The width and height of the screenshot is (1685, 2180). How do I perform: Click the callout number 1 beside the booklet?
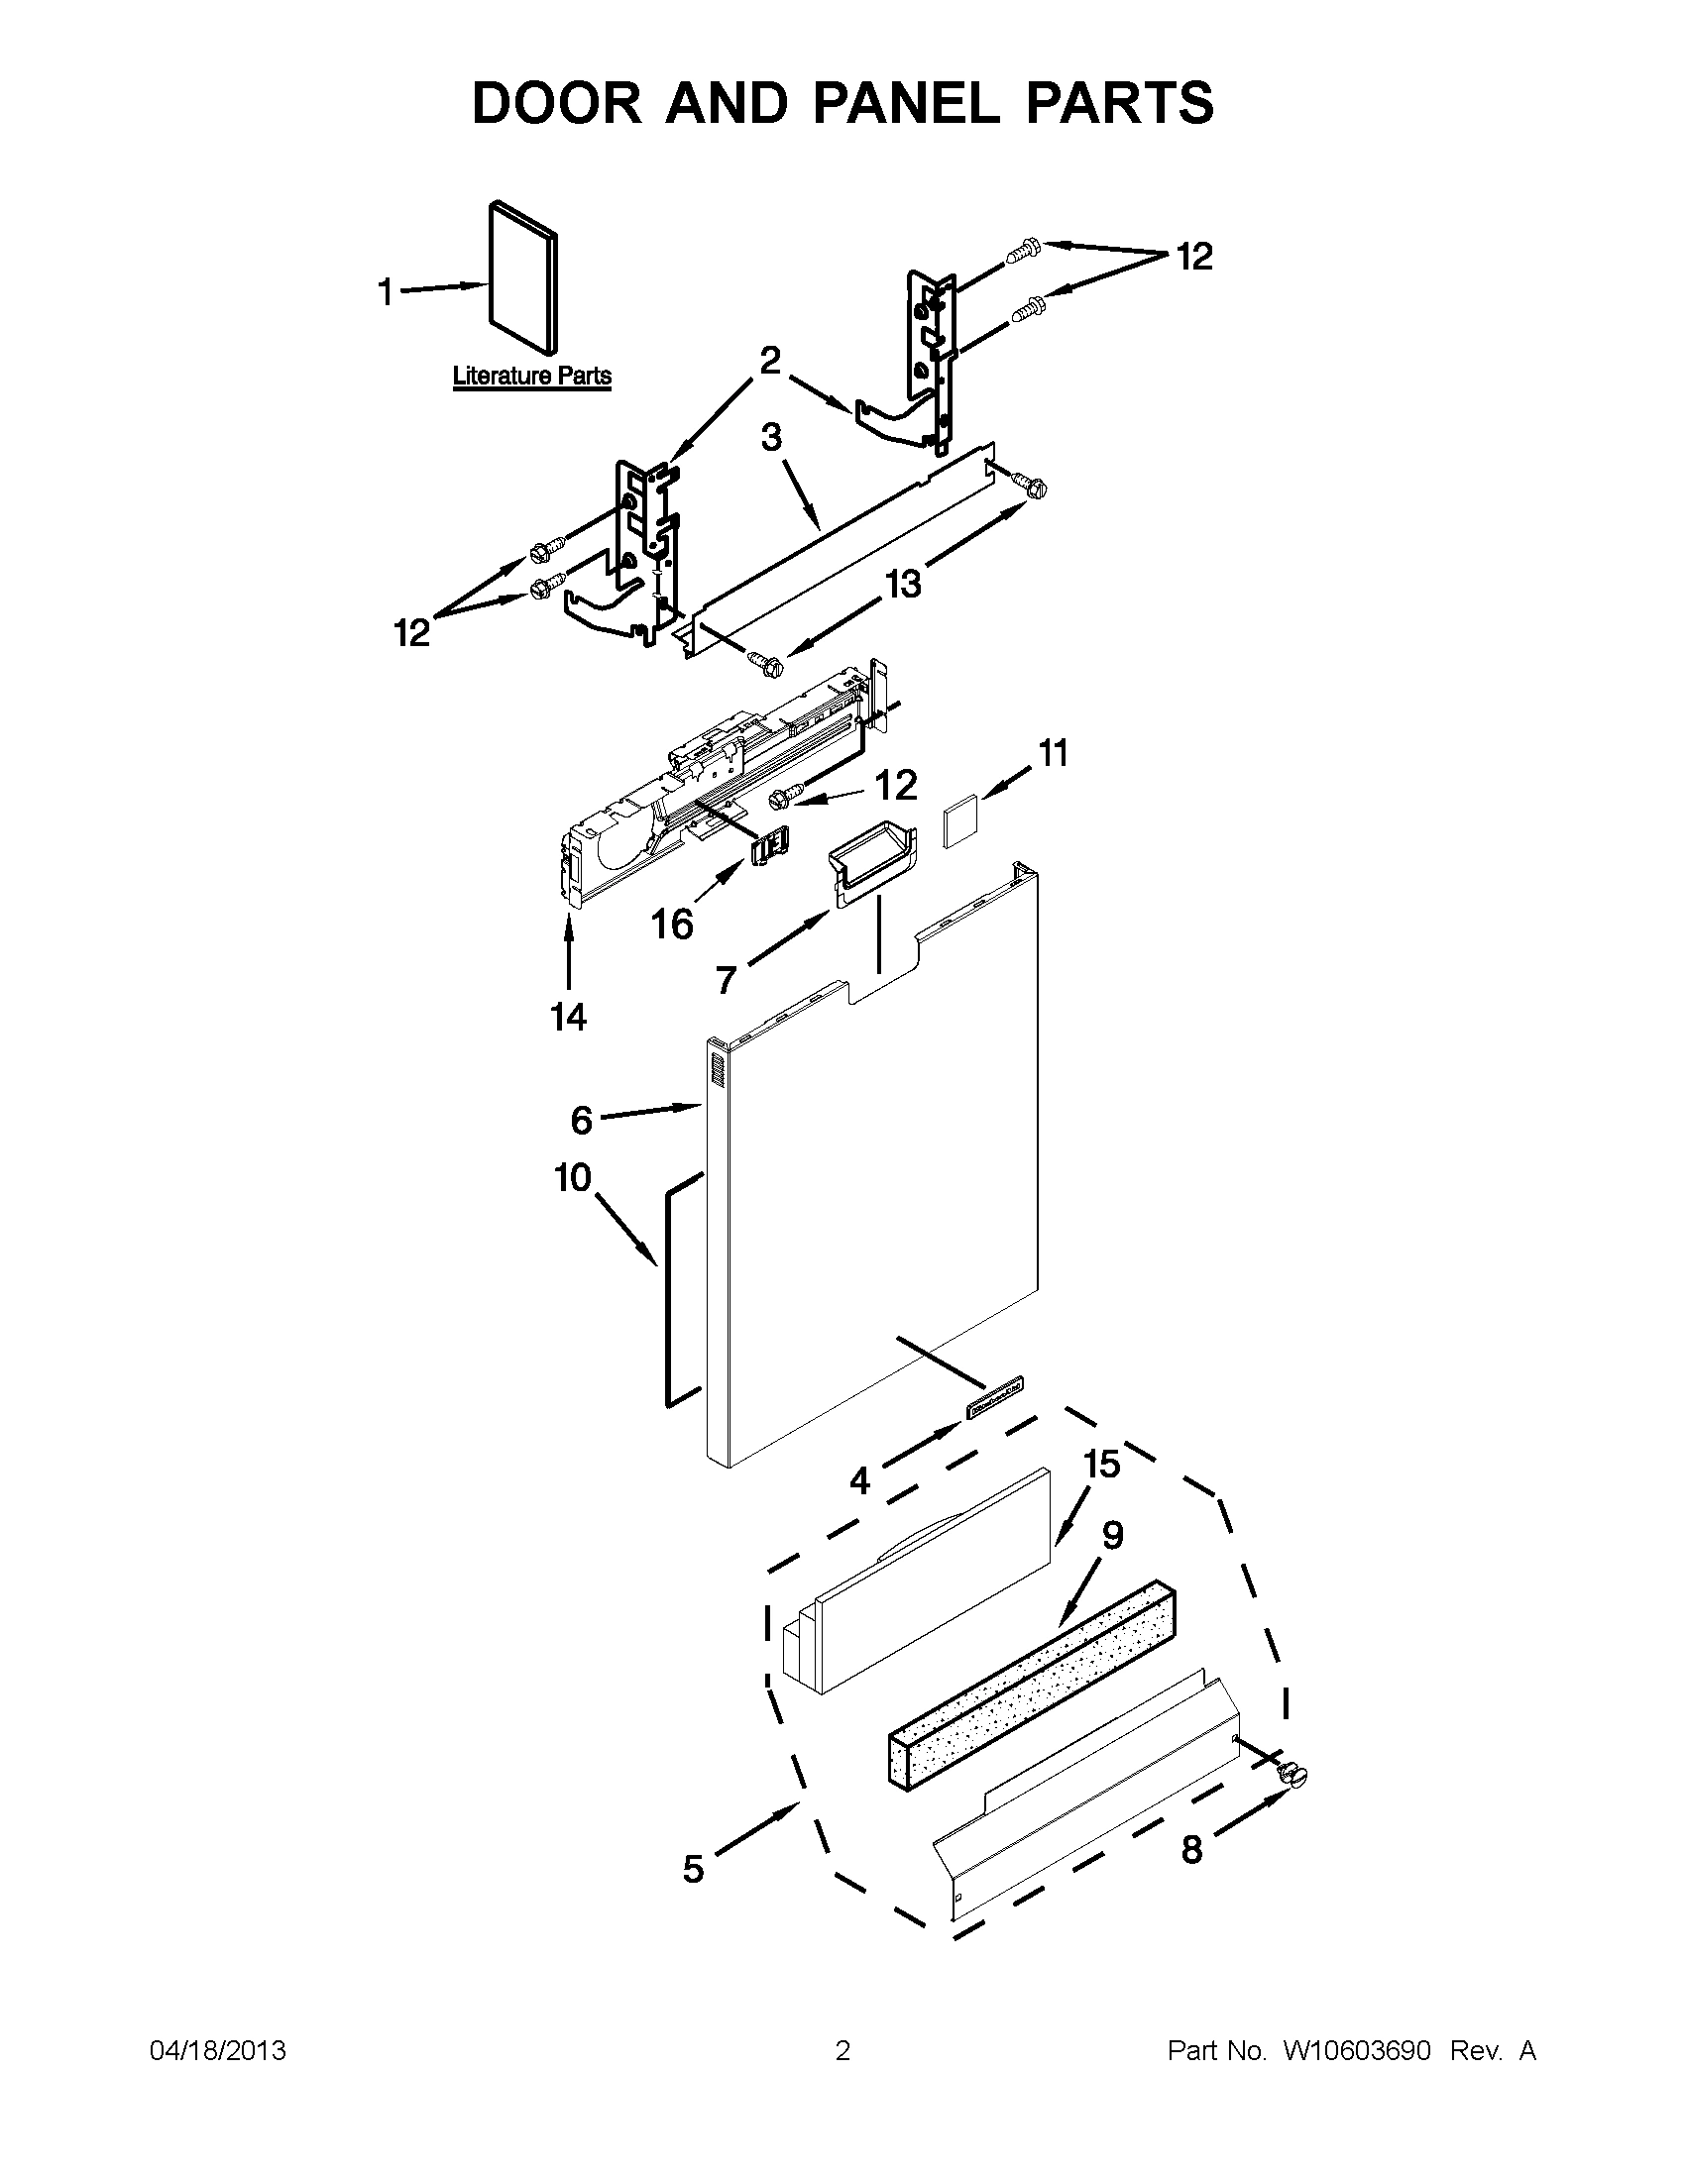tap(384, 293)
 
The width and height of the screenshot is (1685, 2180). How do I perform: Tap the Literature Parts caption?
tap(531, 377)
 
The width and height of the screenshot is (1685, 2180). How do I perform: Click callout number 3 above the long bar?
tap(770, 437)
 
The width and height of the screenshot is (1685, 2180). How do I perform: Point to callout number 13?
tap(903, 583)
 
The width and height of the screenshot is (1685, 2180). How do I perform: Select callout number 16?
tap(672, 925)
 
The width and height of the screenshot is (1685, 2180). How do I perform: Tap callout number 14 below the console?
tap(568, 1016)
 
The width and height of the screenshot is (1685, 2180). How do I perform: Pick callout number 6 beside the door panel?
tap(582, 1119)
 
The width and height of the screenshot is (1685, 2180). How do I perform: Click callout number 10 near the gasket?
tap(573, 1178)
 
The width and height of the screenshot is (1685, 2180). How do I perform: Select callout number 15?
tap(1102, 1465)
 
